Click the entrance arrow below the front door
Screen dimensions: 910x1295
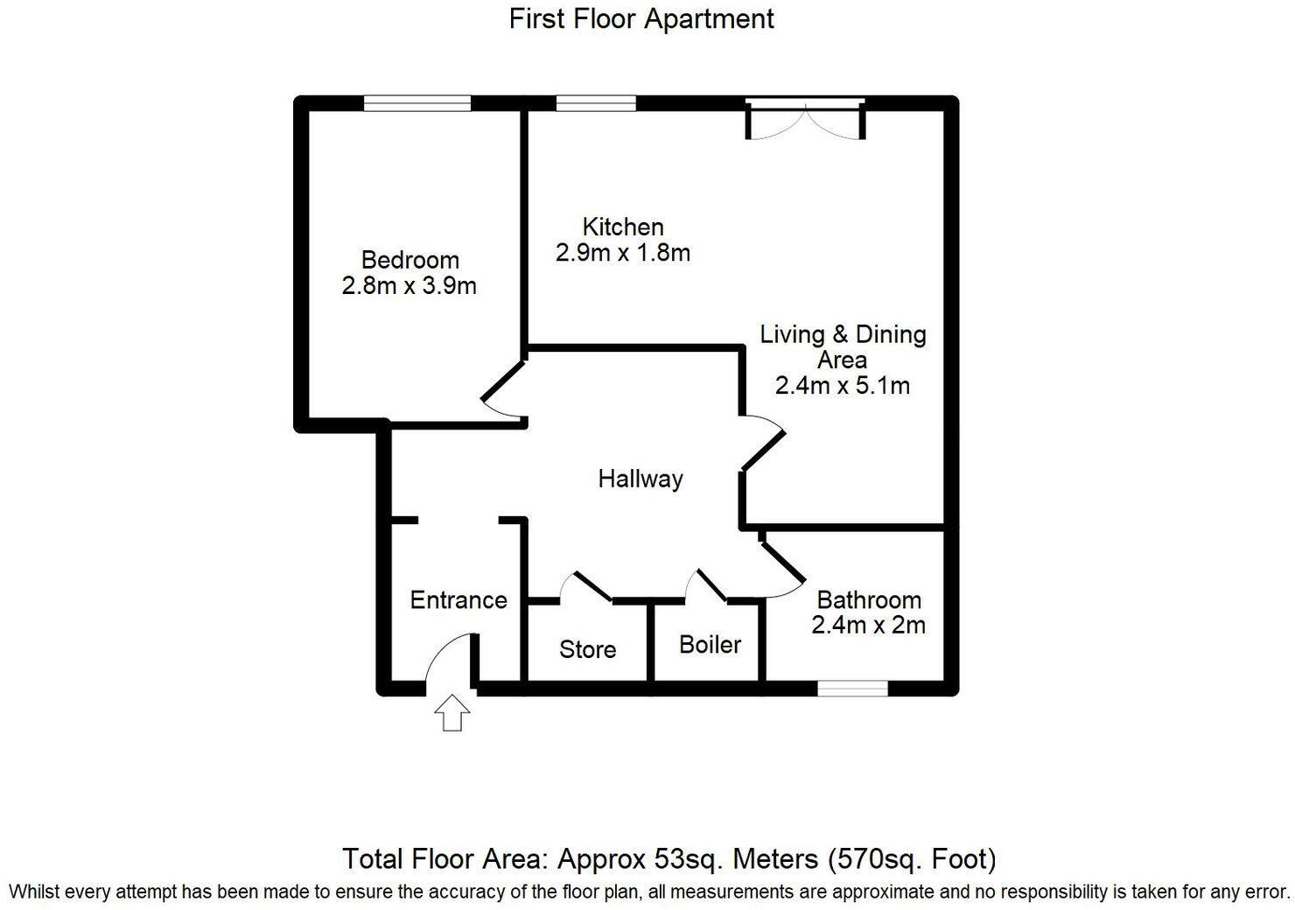[452, 712]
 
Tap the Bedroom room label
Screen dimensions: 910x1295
[409, 260]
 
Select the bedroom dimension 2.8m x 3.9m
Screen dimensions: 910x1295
[409, 286]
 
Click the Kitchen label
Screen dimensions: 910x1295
[623, 227]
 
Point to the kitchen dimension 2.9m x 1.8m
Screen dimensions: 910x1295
[623, 254]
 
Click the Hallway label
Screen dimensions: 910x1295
[640, 479]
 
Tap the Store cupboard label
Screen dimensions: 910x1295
[587, 649]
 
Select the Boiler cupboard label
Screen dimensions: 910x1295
[710, 645]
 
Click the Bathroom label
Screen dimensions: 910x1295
[868, 600]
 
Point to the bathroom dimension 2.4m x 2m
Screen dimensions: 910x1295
[868, 626]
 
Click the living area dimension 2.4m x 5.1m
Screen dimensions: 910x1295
[842, 386]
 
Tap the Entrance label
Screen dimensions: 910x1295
[458, 600]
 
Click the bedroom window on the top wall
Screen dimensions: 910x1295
[417, 103]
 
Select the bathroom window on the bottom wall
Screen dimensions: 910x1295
[852, 689]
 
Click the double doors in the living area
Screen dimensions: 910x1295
[805, 121]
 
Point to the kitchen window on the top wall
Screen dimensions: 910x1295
[596, 103]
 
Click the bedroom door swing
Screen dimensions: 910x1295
[501, 391]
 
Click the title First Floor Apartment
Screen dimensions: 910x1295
[641, 18]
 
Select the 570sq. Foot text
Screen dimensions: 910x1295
[912, 859]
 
